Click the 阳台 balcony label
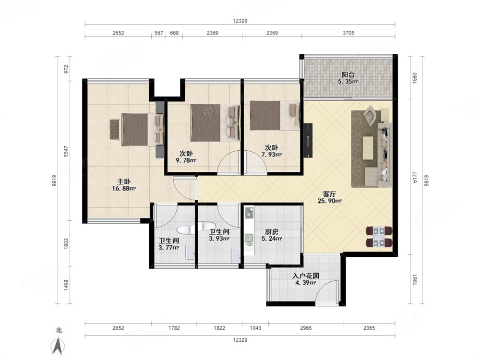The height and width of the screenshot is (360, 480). click(x=348, y=74)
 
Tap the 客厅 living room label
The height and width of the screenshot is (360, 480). click(x=330, y=194)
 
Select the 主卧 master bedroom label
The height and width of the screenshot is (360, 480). click(x=124, y=181)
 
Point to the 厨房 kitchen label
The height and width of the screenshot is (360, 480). click(x=272, y=232)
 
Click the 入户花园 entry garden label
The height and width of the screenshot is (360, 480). click(x=306, y=276)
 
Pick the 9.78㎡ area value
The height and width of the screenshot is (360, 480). click(x=186, y=160)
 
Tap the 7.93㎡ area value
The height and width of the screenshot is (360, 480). click(x=272, y=155)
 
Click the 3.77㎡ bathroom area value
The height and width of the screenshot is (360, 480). click(x=168, y=248)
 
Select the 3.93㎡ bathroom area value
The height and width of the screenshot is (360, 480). click(x=219, y=239)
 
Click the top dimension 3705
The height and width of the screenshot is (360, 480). click(x=348, y=33)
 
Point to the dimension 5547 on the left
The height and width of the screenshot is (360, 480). click(x=66, y=151)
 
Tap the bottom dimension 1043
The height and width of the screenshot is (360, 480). click(x=255, y=328)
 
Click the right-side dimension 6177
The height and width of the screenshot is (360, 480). click(x=415, y=177)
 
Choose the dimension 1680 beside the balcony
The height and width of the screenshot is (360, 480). click(x=415, y=78)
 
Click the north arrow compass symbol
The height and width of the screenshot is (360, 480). click(x=58, y=346)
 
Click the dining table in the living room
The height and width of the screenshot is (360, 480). click(x=379, y=237)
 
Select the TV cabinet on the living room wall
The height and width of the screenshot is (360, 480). click(x=308, y=140)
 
